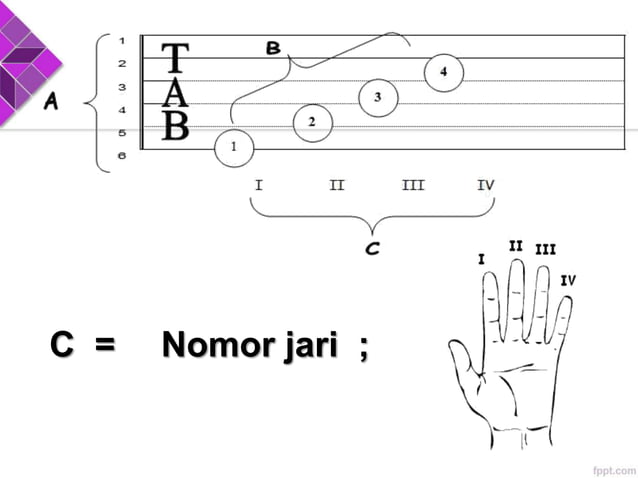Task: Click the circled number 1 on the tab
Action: click(234, 148)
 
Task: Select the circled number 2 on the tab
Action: click(312, 122)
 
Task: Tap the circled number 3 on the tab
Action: click(378, 97)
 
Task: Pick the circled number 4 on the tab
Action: click(443, 72)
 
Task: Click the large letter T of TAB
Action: click(175, 59)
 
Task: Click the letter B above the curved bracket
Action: click(273, 48)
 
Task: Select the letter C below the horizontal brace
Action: click(372, 248)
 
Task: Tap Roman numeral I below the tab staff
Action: click(259, 185)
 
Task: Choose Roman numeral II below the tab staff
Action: click(337, 185)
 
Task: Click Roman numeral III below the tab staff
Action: click(413, 185)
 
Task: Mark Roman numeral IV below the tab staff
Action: click(486, 185)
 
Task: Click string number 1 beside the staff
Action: click(122, 40)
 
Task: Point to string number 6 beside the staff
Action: click(122, 155)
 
